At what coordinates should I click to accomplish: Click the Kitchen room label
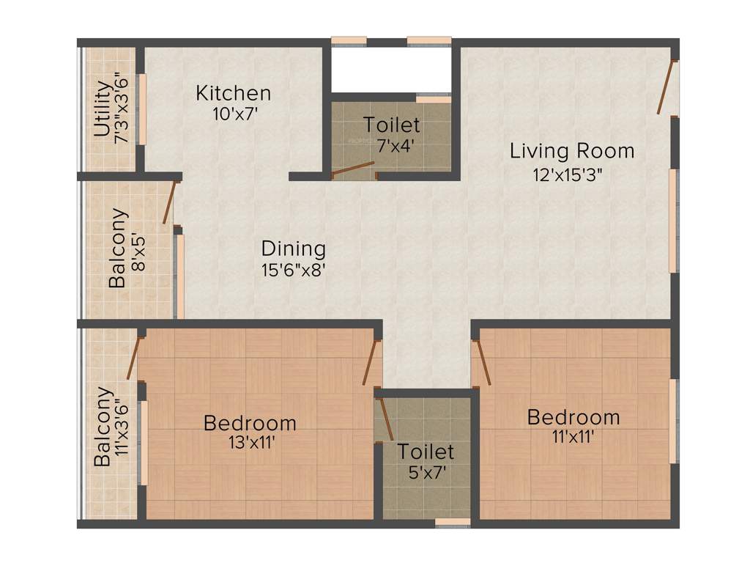pyautogui.click(x=233, y=94)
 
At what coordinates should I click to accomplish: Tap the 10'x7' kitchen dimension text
pyautogui.click(x=233, y=114)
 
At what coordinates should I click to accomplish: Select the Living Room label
pyautogui.click(x=572, y=151)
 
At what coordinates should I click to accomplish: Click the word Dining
pyautogui.click(x=293, y=248)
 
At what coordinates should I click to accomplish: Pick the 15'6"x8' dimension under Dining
pyautogui.click(x=293, y=269)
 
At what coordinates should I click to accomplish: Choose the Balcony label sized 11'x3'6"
pyautogui.click(x=103, y=427)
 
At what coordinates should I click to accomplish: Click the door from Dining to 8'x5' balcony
pyautogui.click(x=169, y=203)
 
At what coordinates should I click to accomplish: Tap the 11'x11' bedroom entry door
pyautogui.click(x=481, y=363)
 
